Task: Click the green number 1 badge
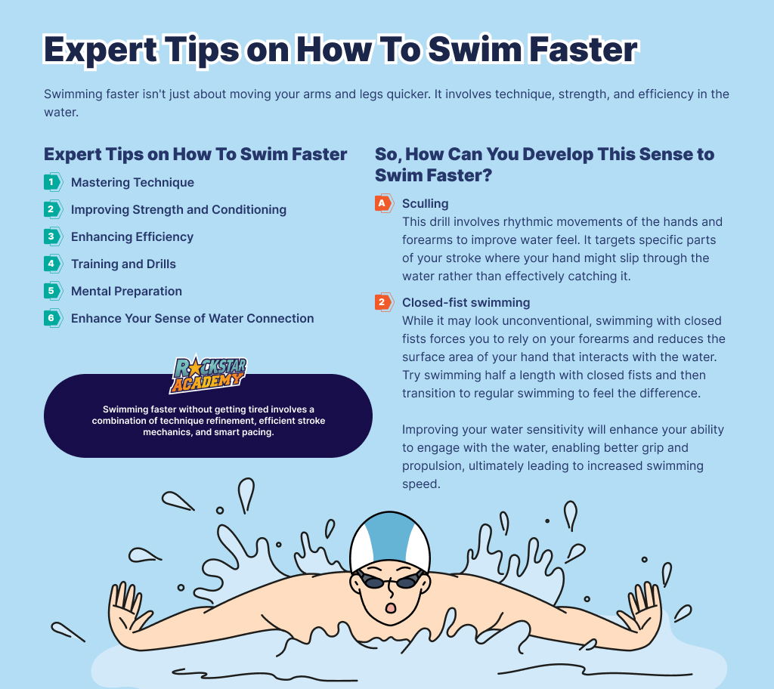coord(53,182)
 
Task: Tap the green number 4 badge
coord(53,264)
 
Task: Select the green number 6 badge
coord(53,318)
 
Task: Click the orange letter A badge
coord(384,203)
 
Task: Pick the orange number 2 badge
coord(384,302)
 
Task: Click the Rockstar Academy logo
coord(209,375)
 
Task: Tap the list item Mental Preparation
coord(126,291)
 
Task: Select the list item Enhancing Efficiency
coord(132,237)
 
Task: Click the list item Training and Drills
coord(123,264)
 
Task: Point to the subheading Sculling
coord(425,204)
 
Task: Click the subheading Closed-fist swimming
coord(466,302)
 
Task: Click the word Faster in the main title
coord(583,49)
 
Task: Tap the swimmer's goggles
coord(390,580)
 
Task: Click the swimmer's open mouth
coord(391,607)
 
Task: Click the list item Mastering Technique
coord(132,183)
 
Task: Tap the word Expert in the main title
coord(101,51)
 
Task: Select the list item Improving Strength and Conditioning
coord(178,210)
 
